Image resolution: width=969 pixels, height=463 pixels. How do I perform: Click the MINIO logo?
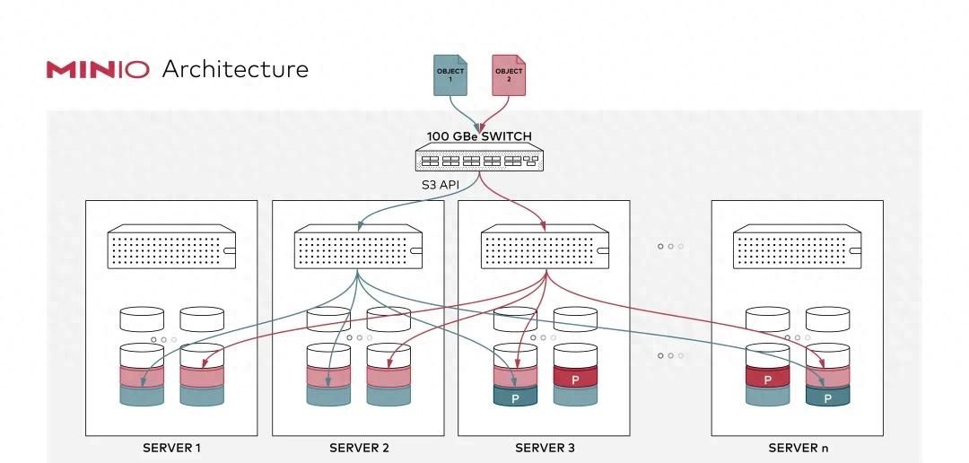click(x=98, y=70)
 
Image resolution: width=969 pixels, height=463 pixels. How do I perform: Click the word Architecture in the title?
click(x=235, y=69)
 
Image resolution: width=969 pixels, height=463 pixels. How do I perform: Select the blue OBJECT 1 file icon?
click(x=450, y=74)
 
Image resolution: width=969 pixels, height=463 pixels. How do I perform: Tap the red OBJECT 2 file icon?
click(x=509, y=74)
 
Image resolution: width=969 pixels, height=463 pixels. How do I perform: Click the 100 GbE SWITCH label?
click(x=478, y=136)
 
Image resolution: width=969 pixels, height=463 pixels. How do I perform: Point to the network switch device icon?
click(x=478, y=159)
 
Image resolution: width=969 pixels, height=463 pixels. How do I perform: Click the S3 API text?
click(x=441, y=185)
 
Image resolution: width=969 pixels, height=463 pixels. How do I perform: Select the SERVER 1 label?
click(x=171, y=448)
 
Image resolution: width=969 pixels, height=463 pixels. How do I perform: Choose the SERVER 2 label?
click(x=359, y=448)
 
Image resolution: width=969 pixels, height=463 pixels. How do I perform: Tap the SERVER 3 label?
click(x=545, y=448)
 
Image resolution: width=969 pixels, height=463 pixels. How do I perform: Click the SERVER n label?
click(x=798, y=448)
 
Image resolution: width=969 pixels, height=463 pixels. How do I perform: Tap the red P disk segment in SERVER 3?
click(x=575, y=379)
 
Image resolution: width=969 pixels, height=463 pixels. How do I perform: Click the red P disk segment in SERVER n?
click(x=767, y=380)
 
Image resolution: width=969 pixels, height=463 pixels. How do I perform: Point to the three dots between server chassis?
click(x=670, y=246)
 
